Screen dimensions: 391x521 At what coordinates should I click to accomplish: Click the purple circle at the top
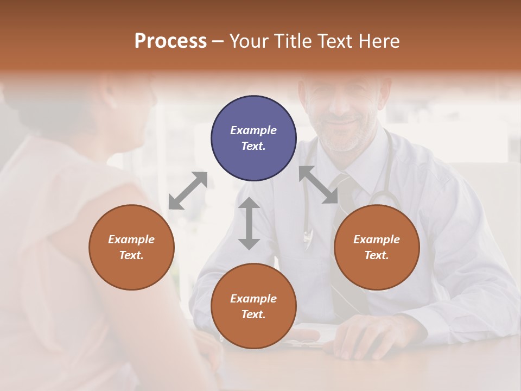coord(253,138)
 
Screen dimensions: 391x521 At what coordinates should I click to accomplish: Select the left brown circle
coord(131,247)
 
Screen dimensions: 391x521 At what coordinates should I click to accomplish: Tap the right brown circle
coord(377,247)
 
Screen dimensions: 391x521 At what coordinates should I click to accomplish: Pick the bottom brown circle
coord(253,306)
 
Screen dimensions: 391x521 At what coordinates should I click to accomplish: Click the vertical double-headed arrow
coord(249,223)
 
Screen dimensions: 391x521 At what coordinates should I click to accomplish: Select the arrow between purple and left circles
coord(188,190)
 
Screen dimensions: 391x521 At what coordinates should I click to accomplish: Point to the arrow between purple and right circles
coord(319,185)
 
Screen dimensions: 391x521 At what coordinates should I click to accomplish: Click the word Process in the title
coord(170,41)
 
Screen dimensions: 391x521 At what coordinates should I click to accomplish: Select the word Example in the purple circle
coord(253,130)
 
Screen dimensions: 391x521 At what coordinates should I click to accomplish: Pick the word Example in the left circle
coord(131,239)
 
